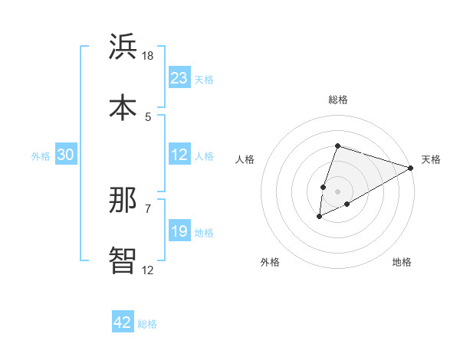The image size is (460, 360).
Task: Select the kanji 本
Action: [x=123, y=106]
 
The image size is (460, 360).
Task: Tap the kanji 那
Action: [x=123, y=201]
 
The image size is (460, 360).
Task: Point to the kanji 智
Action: [x=123, y=260]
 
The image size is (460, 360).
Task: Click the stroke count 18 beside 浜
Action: [x=148, y=56]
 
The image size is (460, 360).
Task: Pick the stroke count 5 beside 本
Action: [x=148, y=116]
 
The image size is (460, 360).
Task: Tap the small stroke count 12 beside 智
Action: [x=148, y=270]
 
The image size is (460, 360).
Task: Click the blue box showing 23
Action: [x=179, y=78]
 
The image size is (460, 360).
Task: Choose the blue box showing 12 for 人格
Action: [x=179, y=155]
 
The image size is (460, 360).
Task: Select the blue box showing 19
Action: [x=179, y=231]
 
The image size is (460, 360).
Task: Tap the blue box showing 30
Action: [x=65, y=155]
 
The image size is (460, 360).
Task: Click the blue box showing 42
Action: [x=123, y=322]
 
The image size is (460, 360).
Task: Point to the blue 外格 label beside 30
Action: [x=41, y=156]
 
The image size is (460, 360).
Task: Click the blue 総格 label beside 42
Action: [x=147, y=324]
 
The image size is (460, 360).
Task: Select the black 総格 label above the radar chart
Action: [x=337, y=100]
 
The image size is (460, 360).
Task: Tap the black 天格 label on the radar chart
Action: [x=431, y=159]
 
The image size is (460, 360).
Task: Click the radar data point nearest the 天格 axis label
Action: [x=410, y=168]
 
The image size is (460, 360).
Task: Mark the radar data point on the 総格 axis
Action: [x=337, y=146]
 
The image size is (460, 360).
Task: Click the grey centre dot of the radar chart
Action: [x=337, y=191]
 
